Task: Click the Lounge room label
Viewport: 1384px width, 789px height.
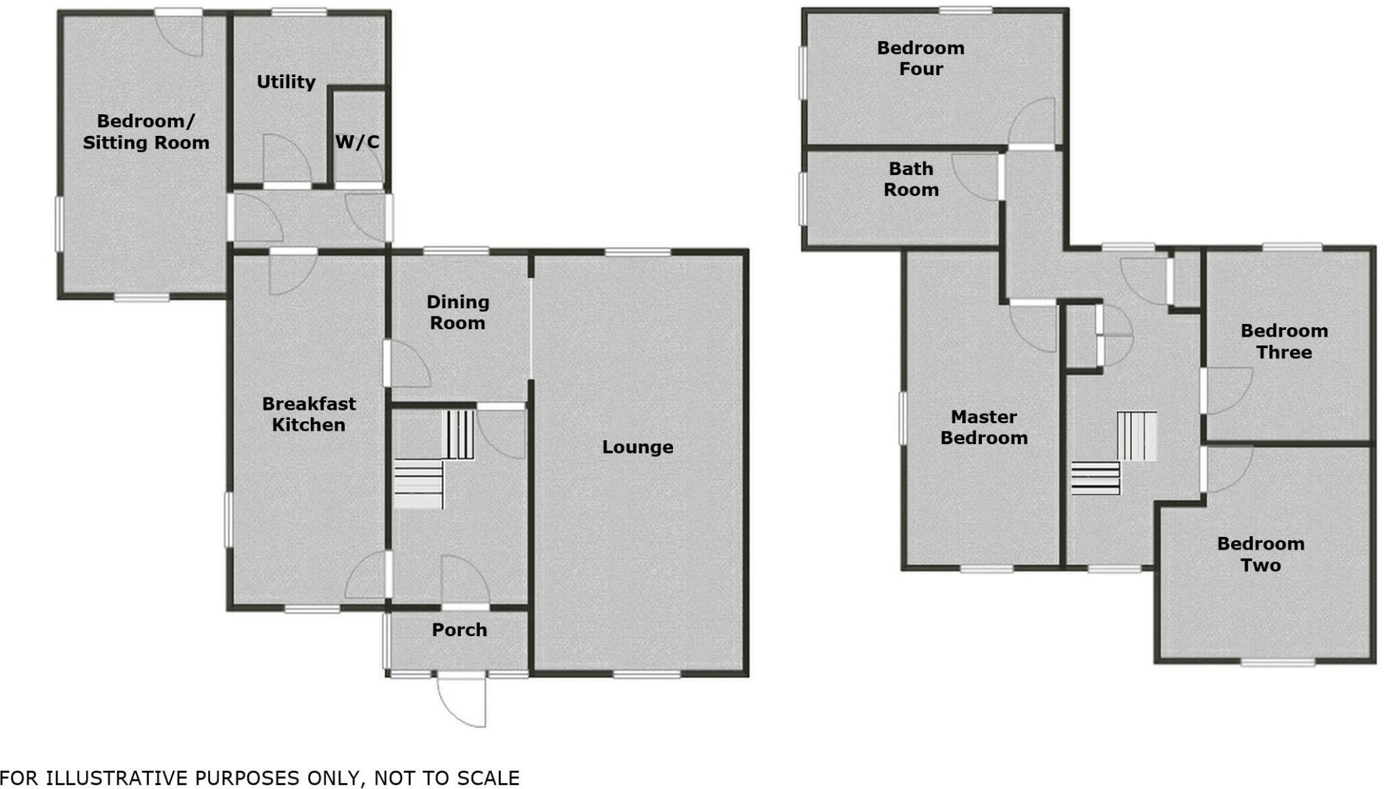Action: pyautogui.click(x=637, y=447)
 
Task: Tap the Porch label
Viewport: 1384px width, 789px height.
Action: pyautogui.click(x=460, y=629)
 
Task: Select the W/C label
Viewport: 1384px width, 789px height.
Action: pyautogui.click(x=357, y=142)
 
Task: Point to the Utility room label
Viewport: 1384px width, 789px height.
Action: pyautogui.click(x=286, y=82)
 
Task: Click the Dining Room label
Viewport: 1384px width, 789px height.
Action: pyautogui.click(x=458, y=312)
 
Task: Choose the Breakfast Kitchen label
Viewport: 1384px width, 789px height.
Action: pyautogui.click(x=309, y=414)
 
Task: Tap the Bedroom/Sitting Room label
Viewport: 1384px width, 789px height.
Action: pyautogui.click(x=146, y=132)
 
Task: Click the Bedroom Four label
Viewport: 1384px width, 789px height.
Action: pyautogui.click(x=920, y=58)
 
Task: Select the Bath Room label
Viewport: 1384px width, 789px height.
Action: pyautogui.click(x=911, y=179)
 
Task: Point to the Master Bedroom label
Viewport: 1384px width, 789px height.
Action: pyautogui.click(x=984, y=427)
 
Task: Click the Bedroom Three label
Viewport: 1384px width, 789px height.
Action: pyautogui.click(x=1284, y=341)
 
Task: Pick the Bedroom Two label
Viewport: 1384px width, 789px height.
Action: pyautogui.click(x=1260, y=554)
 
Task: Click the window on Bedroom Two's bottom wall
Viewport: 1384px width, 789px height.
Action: pyautogui.click(x=1277, y=663)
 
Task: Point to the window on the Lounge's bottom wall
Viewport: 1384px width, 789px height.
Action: pyautogui.click(x=647, y=674)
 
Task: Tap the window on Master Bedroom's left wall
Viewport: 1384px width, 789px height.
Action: pyautogui.click(x=902, y=419)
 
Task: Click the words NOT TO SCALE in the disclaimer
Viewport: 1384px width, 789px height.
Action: pyautogui.click(x=447, y=778)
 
